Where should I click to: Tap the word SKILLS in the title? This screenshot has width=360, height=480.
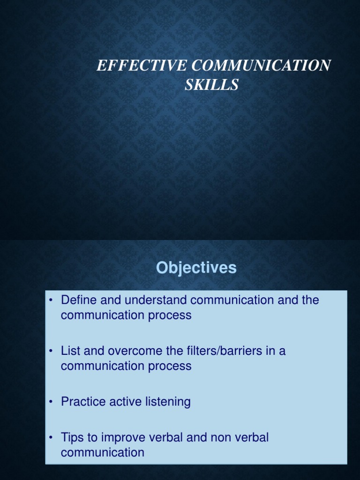point(213,85)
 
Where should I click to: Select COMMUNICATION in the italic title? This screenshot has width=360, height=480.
point(253,66)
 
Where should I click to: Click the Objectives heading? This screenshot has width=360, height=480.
point(196,268)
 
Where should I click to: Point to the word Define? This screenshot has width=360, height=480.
point(77,300)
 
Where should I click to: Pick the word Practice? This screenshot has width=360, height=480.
point(82,402)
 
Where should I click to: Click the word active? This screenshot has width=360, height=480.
point(120,402)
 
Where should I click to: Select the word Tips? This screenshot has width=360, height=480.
point(71,437)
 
